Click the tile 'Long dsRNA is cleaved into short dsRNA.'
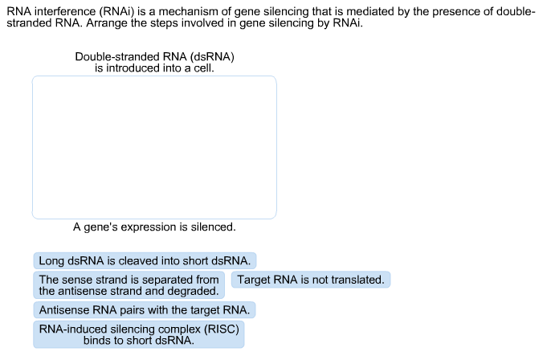pyautogui.click(x=145, y=260)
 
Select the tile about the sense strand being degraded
pyautogui.click(x=129, y=285)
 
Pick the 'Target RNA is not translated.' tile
pyautogui.click(x=311, y=280)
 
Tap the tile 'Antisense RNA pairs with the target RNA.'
pyautogui.click(x=145, y=309)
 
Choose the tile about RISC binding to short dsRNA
pyautogui.click(x=139, y=334)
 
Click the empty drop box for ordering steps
pyautogui.click(x=154, y=147)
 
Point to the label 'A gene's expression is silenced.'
pyautogui.click(x=154, y=227)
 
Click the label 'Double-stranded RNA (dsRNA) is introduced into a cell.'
pyautogui.click(x=154, y=63)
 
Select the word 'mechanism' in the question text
pyautogui.click(x=185, y=10)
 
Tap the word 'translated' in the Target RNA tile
pyautogui.click(x=355, y=280)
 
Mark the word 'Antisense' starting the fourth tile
pyautogui.click(x=63, y=309)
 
